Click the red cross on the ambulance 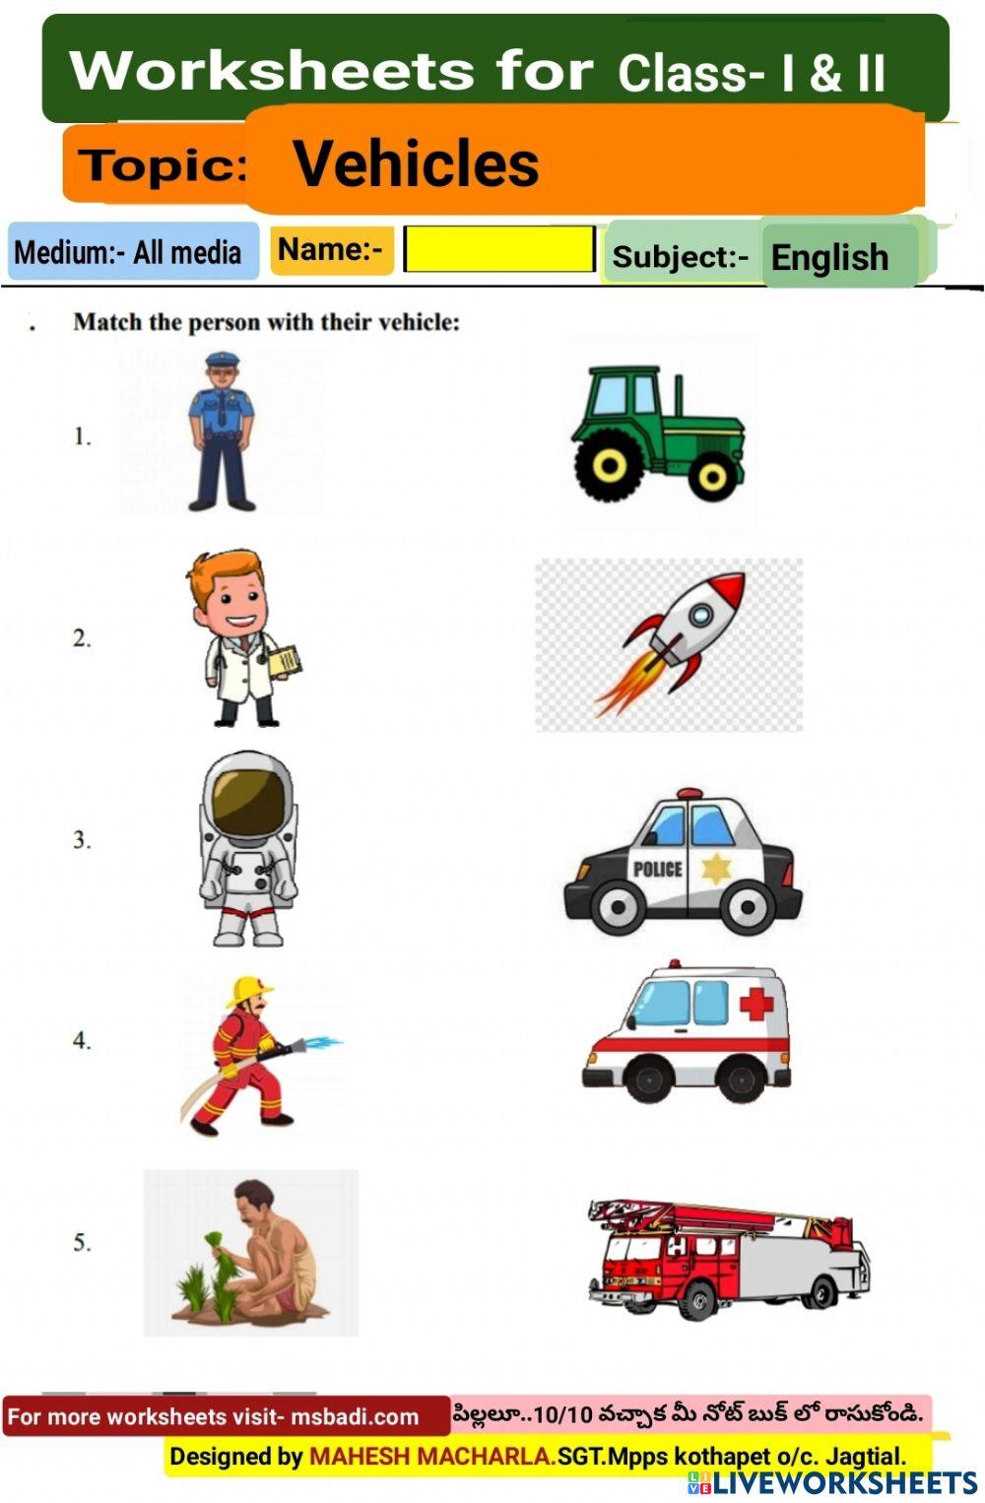[756, 1004]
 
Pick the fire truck [729, 1259]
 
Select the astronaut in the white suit [248, 847]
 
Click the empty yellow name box [499, 249]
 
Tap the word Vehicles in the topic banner [416, 163]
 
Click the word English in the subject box [829, 258]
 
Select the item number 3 [82, 840]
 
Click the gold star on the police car [715, 869]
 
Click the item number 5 [82, 1243]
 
